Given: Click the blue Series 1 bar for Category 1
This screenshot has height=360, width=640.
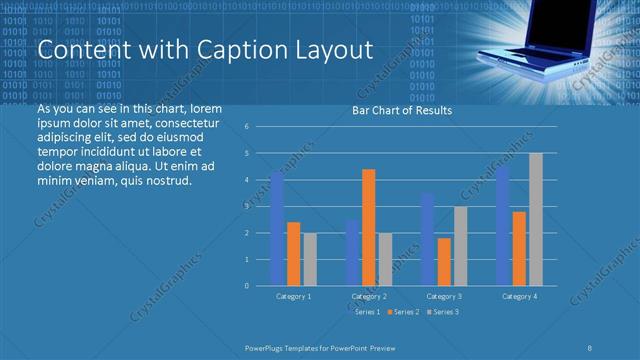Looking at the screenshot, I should (277, 229).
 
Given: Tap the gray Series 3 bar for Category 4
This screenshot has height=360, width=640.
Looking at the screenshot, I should (536, 219).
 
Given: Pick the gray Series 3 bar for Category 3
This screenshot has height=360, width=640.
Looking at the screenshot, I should (460, 246).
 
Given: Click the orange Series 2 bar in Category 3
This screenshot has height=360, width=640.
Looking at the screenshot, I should (444, 261).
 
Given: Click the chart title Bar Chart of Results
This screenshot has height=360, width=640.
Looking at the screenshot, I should (402, 111).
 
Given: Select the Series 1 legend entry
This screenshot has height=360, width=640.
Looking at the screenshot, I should (366, 312).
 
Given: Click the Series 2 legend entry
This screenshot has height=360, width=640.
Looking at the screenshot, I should (403, 312).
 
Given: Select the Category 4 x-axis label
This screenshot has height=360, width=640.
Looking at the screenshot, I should (519, 296).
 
